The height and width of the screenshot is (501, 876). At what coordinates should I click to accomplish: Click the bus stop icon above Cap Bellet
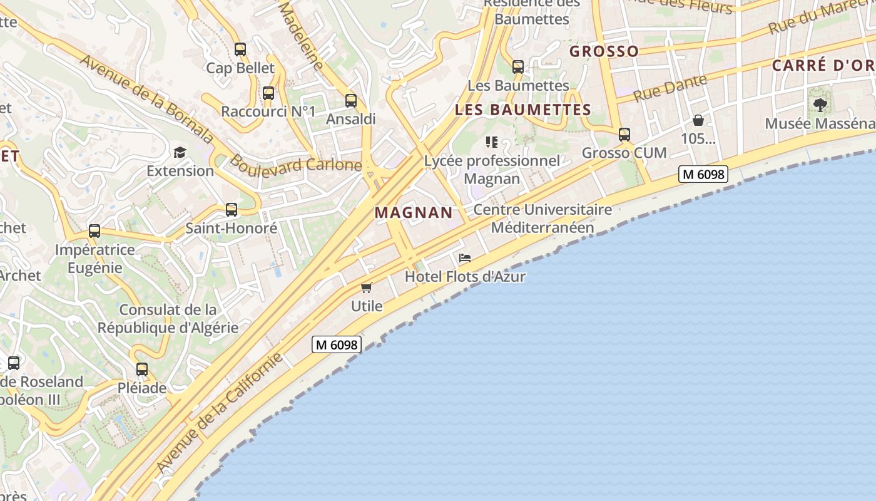[240, 49]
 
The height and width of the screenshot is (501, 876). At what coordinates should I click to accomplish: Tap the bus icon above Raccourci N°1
[268, 93]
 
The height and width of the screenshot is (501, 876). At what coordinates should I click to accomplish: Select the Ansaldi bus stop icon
[351, 100]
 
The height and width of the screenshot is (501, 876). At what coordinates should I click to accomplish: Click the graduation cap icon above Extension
[180, 152]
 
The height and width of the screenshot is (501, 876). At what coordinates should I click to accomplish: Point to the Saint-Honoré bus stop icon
[232, 210]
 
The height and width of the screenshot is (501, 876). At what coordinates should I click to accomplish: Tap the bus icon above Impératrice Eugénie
[94, 231]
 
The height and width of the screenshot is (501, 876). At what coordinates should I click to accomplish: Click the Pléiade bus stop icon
[142, 369]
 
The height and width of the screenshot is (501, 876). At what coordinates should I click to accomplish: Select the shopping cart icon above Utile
[367, 287]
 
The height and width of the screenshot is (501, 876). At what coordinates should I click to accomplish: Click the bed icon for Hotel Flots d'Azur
[464, 258]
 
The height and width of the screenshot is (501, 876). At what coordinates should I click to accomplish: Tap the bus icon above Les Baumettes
[518, 66]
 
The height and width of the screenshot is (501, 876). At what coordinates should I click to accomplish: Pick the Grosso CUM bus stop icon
[624, 134]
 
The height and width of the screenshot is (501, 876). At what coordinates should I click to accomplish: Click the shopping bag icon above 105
[698, 120]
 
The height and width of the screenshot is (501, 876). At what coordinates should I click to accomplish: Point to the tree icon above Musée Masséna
[820, 105]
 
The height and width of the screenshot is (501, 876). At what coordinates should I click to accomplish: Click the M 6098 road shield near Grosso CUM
[703, 174]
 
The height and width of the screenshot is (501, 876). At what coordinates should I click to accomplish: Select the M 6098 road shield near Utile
[337, 344]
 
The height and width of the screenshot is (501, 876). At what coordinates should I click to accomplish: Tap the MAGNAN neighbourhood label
[414, 212]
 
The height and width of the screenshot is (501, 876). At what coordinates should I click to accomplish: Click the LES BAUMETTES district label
[523, 110]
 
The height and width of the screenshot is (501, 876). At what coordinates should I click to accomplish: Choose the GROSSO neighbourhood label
[604, 51]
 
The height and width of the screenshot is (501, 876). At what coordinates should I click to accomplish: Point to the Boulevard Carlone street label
[295, 164]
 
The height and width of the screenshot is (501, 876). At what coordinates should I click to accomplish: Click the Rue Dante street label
[670, 88]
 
